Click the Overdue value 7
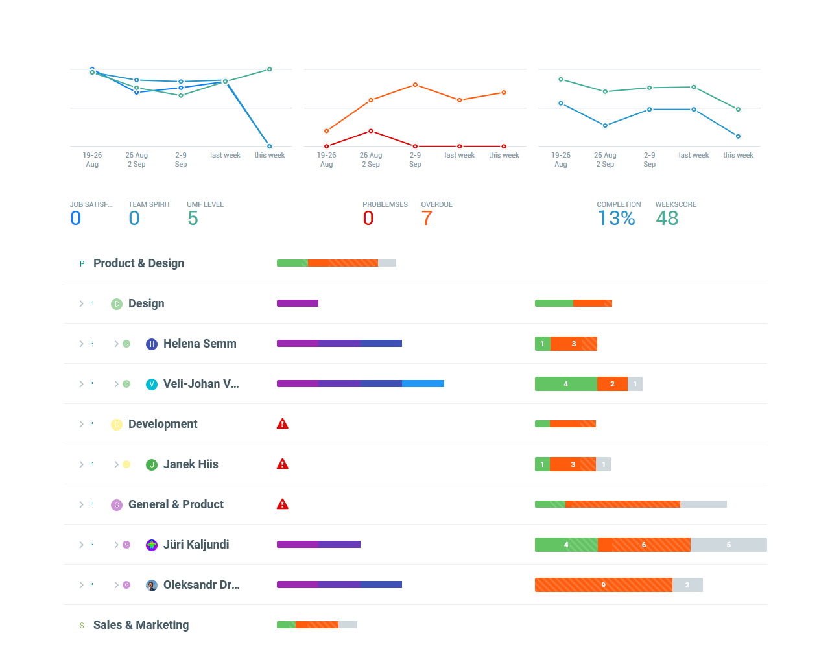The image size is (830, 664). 427,219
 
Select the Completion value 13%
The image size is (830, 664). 616,219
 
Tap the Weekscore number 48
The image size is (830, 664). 667,219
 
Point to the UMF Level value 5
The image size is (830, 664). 193,219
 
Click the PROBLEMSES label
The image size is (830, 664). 385,204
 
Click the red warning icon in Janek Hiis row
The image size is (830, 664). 283,464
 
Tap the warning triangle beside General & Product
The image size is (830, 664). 283,504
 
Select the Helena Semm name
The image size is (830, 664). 200,344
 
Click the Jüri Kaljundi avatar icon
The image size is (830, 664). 152,545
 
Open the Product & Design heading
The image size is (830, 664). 139,263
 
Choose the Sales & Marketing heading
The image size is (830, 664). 141,625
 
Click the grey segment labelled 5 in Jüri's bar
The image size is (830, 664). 728,545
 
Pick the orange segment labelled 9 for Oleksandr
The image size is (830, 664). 603,585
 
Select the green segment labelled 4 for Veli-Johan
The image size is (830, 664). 565,384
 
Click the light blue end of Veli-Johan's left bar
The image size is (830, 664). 423,384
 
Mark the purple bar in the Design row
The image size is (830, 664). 297,303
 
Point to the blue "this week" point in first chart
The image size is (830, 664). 270,147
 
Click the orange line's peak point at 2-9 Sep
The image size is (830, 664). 415,85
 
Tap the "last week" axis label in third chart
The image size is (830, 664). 693,156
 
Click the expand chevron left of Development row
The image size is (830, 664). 81,424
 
